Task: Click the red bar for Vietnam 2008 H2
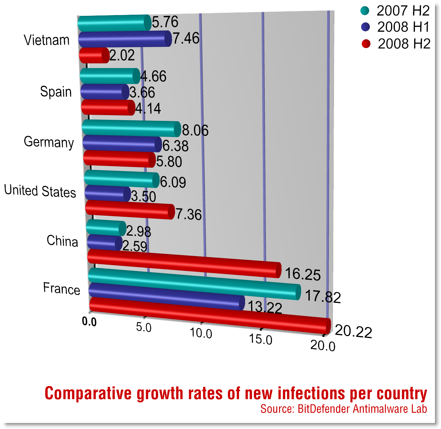point(93,56)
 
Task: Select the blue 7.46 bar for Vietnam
point(124,39)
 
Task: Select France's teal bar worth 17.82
point(194,283)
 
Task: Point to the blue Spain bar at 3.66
point(104,92)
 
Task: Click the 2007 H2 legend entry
point(395,11)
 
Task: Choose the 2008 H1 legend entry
point(395,27)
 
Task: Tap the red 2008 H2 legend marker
point(366,44)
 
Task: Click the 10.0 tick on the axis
point(201,333)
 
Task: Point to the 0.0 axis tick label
point(89,322)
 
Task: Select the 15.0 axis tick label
point(261,339)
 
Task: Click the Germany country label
point(48,142)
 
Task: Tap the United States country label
point(40,191)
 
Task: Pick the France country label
point(61,288)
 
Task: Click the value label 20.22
point(354,332)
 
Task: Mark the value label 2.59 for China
point(135,246)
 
